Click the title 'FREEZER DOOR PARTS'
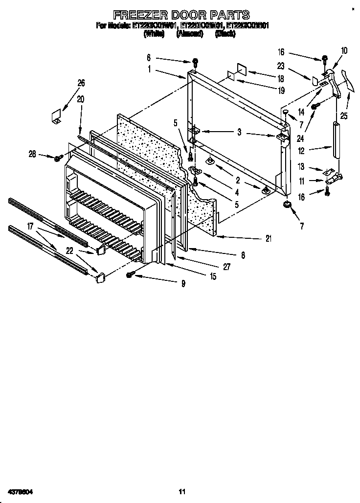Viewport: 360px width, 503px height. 181,15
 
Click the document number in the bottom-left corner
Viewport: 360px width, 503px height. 20,491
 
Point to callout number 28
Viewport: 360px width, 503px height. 32,155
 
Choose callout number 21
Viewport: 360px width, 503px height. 268,238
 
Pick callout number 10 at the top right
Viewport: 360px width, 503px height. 344,50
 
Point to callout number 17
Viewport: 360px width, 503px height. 30,227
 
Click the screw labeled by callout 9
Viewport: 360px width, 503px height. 131,275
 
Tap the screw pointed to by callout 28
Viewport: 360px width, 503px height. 58,158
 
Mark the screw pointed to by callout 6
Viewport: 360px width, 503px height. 195,62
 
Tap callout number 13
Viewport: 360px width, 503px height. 302,167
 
